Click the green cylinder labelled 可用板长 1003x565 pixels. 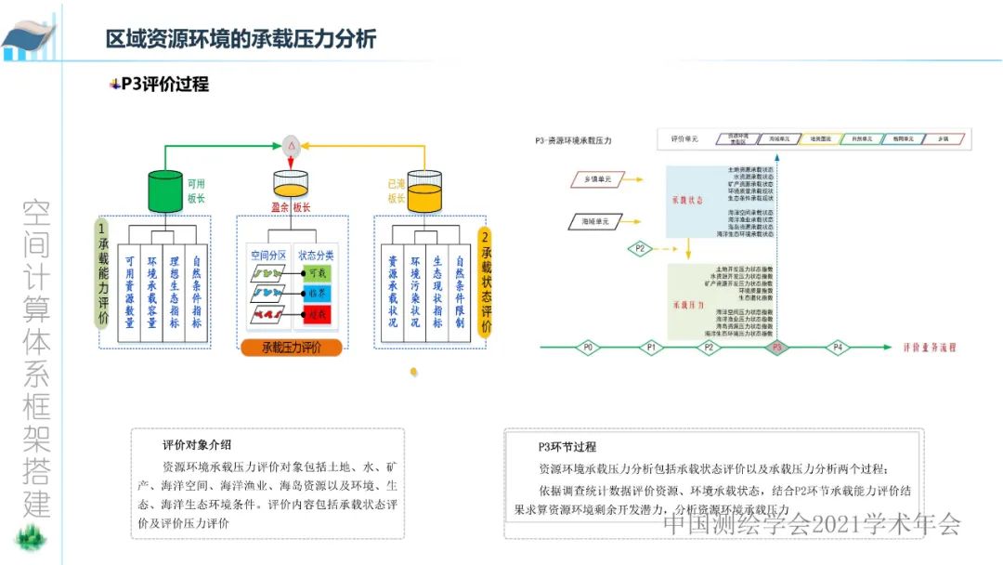click(166, 191)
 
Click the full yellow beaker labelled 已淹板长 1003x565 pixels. click(424, 191)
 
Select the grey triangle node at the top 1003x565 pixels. click(291, 145)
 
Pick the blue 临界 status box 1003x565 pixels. click(317, 293)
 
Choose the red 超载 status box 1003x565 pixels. click(317, 314)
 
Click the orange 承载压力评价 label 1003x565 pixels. click(291, 348)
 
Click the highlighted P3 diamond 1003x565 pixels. click(776, 348)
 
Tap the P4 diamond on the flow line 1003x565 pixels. click(838, 348)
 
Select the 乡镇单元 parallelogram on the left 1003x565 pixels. click(596, 179)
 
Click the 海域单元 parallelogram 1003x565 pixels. click(595, 222)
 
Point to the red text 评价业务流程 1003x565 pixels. click(929, 348)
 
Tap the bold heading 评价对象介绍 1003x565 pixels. click(197, 444)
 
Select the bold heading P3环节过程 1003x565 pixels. click(567, 447)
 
